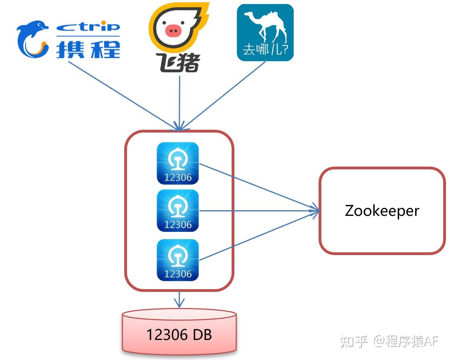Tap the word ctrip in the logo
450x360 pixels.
[x=88, y=27]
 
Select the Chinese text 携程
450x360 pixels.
[x=88, y=49]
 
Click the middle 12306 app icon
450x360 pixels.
[x=178, y=211]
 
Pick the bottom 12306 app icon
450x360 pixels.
[x=178, y=260]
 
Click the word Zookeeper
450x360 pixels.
[x=382, y=211]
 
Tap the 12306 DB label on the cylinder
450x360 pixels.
[x=179, y=334]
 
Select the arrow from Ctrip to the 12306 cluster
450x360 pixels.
[x=120, y=94]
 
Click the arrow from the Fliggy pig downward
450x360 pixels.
[x=179, y=100]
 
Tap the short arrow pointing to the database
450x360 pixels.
[x=179, y=300]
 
